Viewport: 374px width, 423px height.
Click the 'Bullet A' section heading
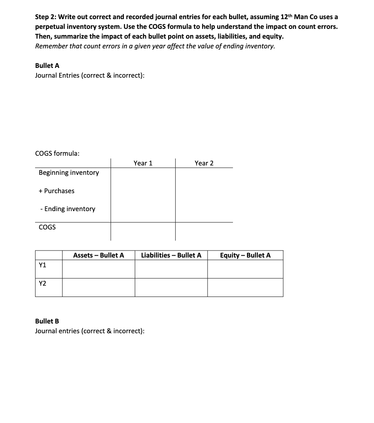(x=47, y=66)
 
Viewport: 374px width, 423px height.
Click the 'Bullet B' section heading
(x=47, y=321)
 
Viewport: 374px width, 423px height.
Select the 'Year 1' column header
(x=143, y=163)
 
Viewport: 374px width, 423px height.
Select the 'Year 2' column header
(x=204, y=163)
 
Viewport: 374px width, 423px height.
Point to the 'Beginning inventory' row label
(x=69, y=172)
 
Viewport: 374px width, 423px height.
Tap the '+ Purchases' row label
(x=56, y=191)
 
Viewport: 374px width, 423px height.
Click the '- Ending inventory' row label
(x=68, y=209)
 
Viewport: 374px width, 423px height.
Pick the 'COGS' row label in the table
(x=47, y=227)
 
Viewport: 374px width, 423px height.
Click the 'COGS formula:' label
(x=57, y=153)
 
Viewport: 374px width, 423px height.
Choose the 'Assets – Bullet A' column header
(x=99, y=255)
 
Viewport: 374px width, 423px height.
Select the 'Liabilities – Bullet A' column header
(x=171, y=255)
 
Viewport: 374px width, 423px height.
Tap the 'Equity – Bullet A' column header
(x=245, y=255)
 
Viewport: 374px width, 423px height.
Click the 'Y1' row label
(x=42, y=265)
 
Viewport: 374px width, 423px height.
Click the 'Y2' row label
(x=42, y=284)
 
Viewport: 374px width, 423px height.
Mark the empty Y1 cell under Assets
(x=99, y=269)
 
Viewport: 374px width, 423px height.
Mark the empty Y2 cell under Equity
(x=245, y=287)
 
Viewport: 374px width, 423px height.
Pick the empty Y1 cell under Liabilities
(x=171, y=269)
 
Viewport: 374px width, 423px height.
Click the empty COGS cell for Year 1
(x=143, y=231)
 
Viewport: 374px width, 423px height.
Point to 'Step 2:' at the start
(x=46, y=17)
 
